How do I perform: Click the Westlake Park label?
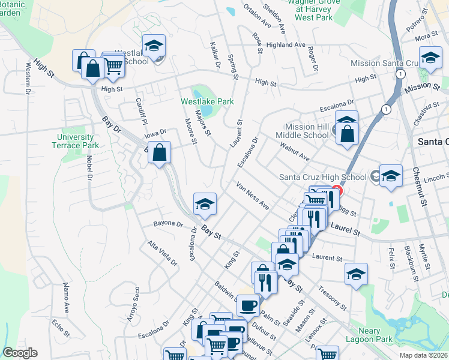[207, 102]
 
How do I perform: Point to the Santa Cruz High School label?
[323, 177]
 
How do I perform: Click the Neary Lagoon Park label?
[370, 335]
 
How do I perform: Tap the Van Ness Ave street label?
[253, 196]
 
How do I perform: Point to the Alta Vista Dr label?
[162, 253]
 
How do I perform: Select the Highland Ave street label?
[286, 45]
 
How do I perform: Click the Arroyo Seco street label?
[134, 304]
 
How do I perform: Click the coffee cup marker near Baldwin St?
[247, 306]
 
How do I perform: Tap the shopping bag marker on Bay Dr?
[159, 153]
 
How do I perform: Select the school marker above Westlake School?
[154, 46]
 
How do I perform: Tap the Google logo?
[20, 353]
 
